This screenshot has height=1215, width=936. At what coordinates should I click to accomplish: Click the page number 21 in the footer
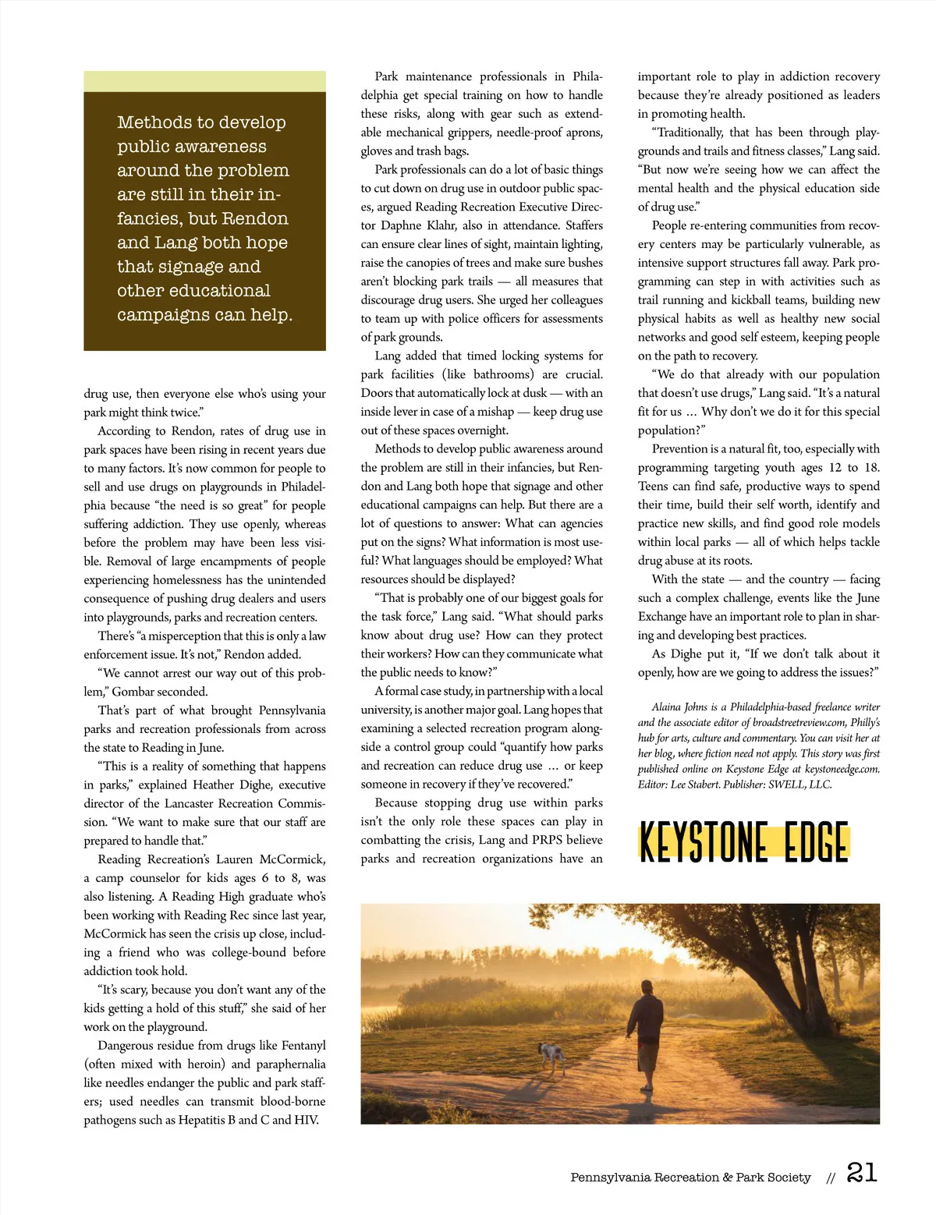click(x=861, y=1173)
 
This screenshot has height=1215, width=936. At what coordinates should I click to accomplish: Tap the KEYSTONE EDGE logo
click(x=743, y=842)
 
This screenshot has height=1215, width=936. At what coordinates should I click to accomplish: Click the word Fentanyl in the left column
click(x=300, y=1046)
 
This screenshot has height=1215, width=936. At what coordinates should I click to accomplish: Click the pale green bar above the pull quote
click(x=204, y=81)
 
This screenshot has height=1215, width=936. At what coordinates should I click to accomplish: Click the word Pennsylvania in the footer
click(x=609, y=1178)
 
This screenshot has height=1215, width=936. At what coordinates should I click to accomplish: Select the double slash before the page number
click(x=831, y=1178)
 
